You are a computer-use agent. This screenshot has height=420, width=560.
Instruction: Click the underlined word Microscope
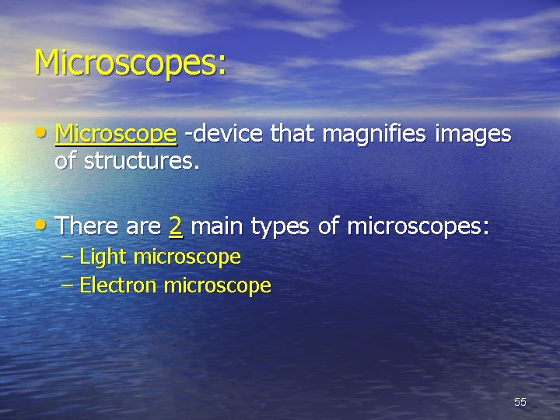tap(117, 135)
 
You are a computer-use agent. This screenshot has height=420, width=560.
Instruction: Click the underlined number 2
tap(176, 226)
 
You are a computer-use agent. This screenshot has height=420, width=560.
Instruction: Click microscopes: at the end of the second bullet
tap(418, 227)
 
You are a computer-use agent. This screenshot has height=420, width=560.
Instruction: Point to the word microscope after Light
tap(187, 257)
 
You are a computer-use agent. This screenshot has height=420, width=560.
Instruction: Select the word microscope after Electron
tap(218, 286)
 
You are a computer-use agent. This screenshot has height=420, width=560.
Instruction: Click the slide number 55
tap(520, 402)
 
